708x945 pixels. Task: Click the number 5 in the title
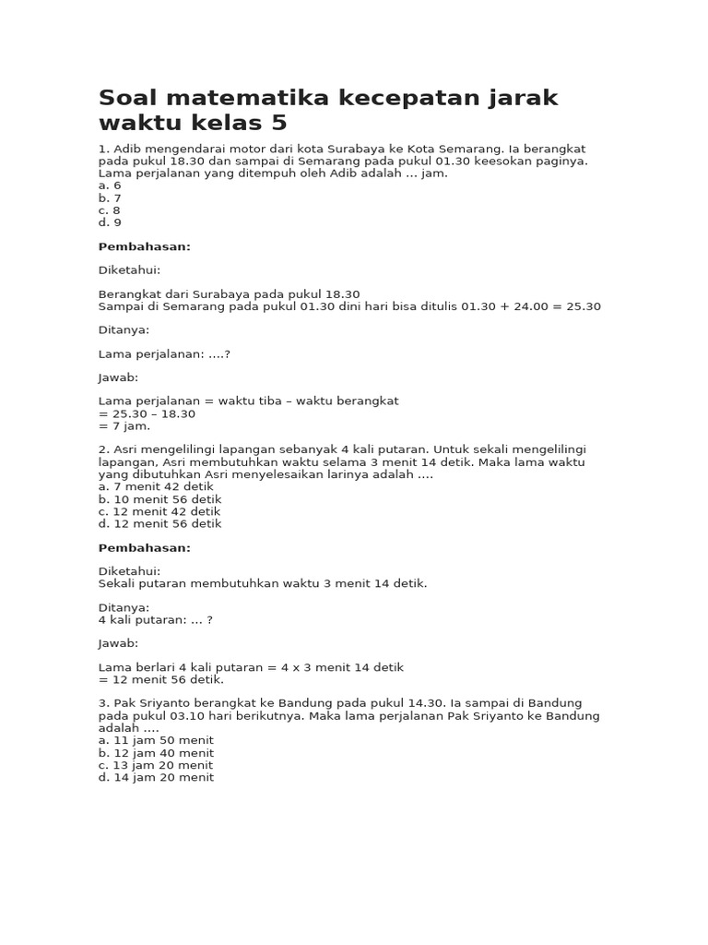click(279, 123)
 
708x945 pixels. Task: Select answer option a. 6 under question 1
click(110, 185)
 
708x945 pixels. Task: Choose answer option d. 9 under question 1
click(110, 222)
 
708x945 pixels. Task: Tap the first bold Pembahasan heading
click(145, 246)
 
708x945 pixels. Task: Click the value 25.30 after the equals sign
click(582, 306)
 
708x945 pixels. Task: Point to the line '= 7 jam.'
click(124, 426)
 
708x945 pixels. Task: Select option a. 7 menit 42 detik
click(156, 486)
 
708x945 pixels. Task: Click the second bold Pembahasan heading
click(145, 547)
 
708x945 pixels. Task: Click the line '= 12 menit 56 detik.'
click(161, 680)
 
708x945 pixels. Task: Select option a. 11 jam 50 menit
click(156, 740)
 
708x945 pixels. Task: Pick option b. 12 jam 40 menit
click(156, 753)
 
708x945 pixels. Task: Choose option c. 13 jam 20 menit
click(156, 765)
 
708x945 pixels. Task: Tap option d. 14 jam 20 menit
click(156, 777)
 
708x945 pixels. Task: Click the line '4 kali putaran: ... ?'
click(156, 620)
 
